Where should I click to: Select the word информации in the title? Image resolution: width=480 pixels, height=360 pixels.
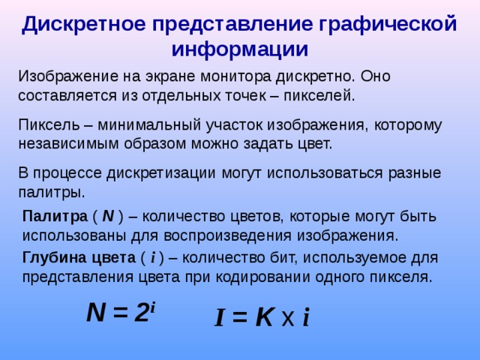(x=240, y=49)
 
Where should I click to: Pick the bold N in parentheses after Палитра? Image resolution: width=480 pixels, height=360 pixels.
(x=108, y=217)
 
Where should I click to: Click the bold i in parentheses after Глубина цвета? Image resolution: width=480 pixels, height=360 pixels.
(x=153, y=258)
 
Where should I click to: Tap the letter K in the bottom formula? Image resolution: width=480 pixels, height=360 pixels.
(x=264, y=318)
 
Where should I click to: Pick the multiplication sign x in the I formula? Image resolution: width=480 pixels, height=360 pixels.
(x=287, y=319)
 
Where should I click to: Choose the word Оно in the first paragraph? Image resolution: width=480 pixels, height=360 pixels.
(x=375, y=77)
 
